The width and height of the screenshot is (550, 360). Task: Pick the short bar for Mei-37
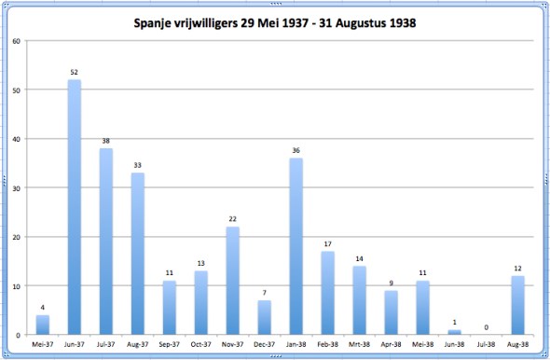[42, 325]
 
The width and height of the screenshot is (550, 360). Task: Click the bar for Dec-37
[265, 317]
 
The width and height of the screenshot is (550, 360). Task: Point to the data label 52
[74, 73]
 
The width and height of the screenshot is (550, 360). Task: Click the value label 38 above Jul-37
[106, 142]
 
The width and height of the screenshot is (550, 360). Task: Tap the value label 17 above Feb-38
[328, 244]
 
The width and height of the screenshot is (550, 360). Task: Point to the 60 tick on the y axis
[16, 41]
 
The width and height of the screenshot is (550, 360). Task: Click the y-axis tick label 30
[16, 187]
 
